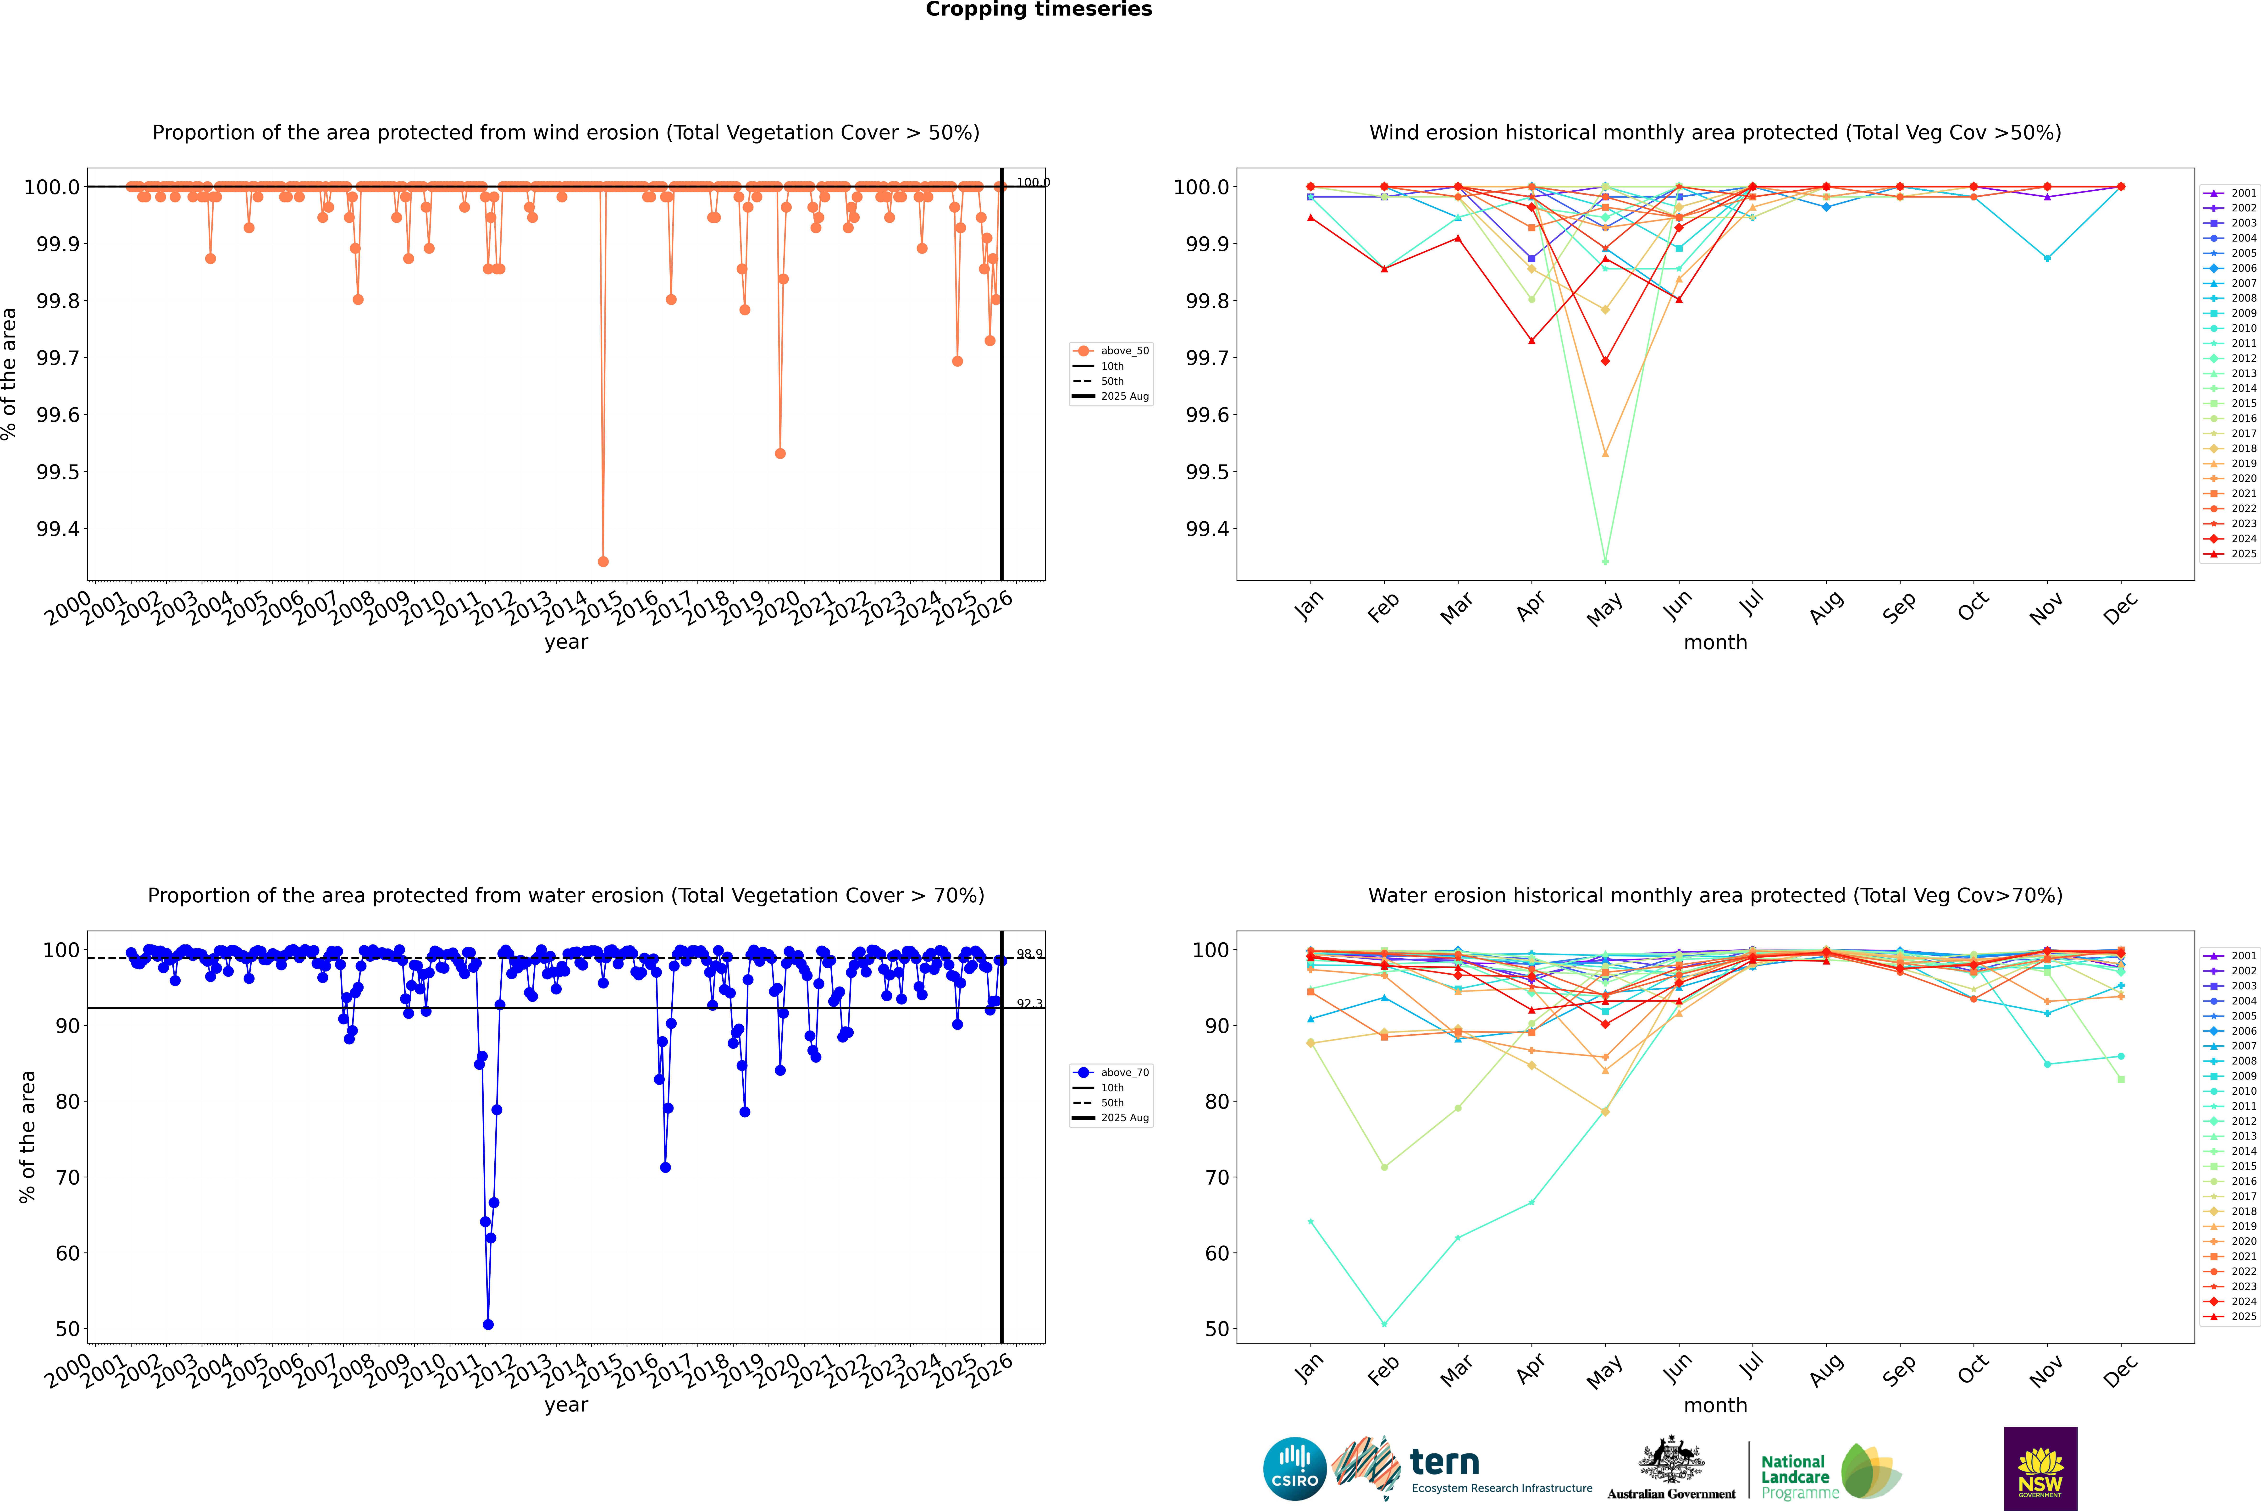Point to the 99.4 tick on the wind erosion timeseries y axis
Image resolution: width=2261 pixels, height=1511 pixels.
point(58,529)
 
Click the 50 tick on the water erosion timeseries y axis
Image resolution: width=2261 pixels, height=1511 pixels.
point(67,1329)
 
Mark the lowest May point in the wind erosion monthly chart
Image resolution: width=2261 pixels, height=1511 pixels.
point(1605,561)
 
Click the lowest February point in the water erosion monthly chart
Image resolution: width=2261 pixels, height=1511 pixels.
point(1384,1324)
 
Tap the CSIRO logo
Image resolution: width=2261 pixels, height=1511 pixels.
point(1294,1469)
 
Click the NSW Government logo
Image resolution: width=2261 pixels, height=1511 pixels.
point(2040,1469)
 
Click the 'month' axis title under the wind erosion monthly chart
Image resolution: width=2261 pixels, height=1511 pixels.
point(1714,643)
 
